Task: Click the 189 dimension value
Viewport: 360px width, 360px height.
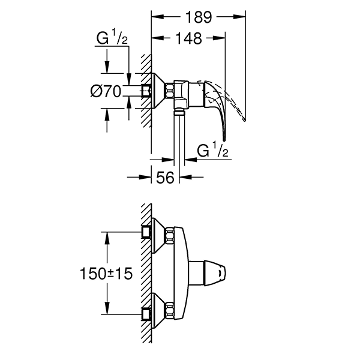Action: click(x=199, y=17)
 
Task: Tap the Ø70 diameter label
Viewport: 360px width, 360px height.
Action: click(x=106, y=91)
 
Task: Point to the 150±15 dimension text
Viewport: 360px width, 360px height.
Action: click(x=105, y=274)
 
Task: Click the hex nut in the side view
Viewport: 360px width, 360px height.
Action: click(x=171, y=91)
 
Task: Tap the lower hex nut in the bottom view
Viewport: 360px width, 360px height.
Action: click(x=171, y=311)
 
